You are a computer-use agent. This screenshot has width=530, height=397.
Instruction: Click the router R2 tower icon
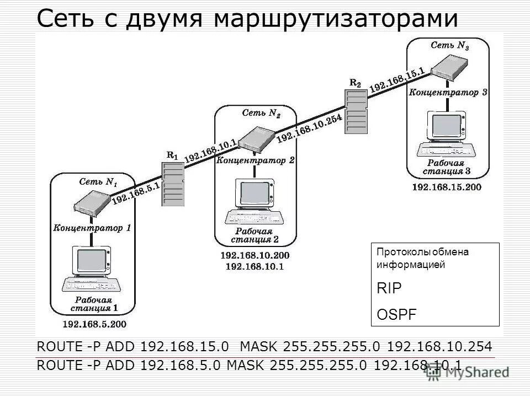click(x=355, y=112)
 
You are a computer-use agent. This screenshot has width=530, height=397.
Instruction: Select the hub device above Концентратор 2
click(x=257, y=138)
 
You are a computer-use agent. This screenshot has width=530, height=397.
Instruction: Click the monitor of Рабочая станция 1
click(x=91, y=260)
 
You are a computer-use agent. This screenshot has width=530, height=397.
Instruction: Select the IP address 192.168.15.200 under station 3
click(x=447, y=187)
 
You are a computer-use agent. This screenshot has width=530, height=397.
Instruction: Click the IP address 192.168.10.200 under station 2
click(x=255, y=256)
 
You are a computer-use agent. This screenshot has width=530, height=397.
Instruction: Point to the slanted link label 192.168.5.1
click(x=136, y=193)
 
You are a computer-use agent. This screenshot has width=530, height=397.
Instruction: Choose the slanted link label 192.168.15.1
click(x=396, y=79)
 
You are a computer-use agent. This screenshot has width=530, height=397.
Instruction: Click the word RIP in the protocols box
click(x=389, y=288)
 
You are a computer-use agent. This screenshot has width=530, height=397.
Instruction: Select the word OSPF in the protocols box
click(x=397, y=314)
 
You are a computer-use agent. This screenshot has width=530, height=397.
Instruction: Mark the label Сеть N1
click(x=98, y=181)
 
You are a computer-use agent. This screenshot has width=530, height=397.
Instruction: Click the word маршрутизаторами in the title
click(x=337, y=19)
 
